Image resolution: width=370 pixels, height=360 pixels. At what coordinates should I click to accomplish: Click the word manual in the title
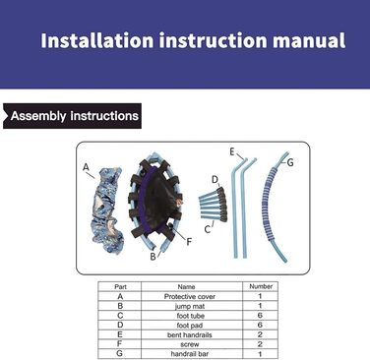(309, 40)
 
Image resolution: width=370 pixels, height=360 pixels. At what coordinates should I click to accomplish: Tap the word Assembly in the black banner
(38, 116)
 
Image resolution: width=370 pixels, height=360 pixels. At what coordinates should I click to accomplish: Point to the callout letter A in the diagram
(86, 167)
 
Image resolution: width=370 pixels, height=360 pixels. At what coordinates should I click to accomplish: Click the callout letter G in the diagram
(290, 162)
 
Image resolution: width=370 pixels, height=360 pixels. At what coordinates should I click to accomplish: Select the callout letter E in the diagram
(232, 151)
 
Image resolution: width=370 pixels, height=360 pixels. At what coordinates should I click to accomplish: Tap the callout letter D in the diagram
(215, 179)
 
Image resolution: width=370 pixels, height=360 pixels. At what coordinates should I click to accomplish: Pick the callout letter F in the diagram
(189, 242)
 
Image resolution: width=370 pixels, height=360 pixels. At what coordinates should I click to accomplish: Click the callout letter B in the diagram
(153, 257)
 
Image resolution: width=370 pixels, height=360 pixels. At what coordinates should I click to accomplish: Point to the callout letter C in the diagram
(208, 229)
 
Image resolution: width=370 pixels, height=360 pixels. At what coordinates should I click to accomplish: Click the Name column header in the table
(186, 287)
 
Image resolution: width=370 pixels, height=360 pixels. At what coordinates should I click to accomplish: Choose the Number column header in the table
(261, 286)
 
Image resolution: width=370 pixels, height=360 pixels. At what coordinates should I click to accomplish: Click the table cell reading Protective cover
(190, 297)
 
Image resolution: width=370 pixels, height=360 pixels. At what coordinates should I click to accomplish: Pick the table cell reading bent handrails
(190, 335)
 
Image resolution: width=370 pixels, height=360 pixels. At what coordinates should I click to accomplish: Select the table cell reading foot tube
(191, 316)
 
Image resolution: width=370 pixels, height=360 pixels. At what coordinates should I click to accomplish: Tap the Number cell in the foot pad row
(260, 326)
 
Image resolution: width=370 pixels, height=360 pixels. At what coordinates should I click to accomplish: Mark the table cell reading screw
(190, 344)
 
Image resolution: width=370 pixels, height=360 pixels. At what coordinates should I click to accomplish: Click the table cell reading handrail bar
(190, 354)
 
